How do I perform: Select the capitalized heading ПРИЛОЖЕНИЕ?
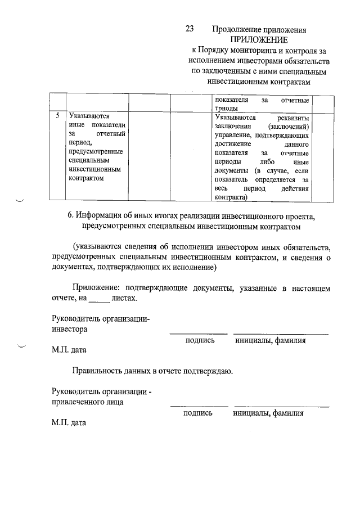[259, 39]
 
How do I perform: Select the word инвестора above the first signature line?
[70, 330]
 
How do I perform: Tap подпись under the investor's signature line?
[199, 341]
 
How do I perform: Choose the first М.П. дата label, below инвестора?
[69, 351]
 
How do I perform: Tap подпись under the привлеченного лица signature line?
[197, 413]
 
